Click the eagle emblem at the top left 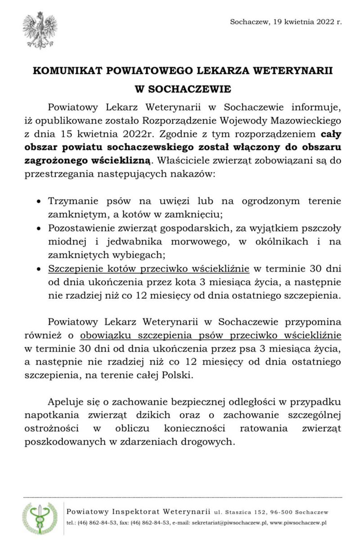[40, 30]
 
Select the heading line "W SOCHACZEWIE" [183, 89]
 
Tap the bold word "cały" [331, 134]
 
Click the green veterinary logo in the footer [40, 518]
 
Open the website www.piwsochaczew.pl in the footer [298, 523]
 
